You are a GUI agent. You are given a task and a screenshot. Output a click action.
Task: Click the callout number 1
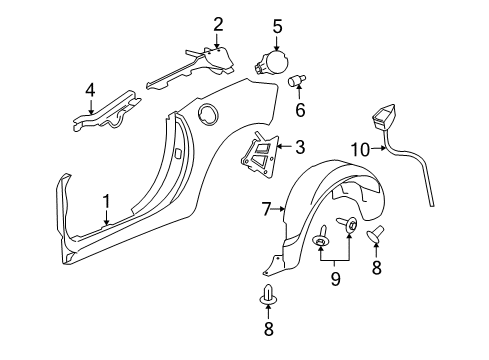pos(105,202)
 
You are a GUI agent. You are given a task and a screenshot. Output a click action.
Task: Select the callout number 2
pos(217,24)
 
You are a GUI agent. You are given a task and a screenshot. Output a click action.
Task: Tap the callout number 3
pos(299,148)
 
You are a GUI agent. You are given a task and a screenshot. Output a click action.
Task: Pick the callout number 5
pos(277,25)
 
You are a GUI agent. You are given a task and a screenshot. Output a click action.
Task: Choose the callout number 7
pos(266,209)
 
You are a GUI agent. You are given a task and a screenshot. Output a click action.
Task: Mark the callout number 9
pos(336,279)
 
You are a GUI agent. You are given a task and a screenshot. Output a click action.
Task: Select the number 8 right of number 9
pos(376,269)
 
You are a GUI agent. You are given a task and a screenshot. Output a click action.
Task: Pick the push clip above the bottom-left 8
pos(268,294)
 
